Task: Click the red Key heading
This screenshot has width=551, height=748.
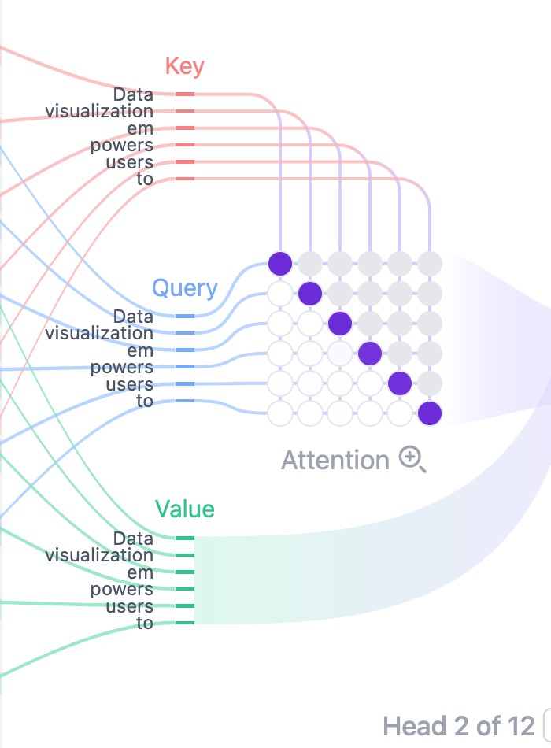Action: [185, 66]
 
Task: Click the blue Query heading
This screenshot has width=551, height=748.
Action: [185, 289]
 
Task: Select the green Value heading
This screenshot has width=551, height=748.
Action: [185, 509]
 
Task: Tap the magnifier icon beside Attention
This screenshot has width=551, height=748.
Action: [412, 459]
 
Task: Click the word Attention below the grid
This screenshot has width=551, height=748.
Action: [335, 461]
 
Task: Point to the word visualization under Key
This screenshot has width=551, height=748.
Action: [99, 111]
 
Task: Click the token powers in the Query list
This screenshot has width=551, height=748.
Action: [122, 368]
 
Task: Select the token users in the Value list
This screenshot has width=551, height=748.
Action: [129, 606]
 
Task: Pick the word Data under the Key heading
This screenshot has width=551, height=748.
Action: [133, 94]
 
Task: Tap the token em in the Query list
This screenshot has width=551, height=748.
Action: [140, 350]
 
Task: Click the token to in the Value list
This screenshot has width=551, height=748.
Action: [145, 623]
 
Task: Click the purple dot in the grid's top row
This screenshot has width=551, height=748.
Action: [280, 264]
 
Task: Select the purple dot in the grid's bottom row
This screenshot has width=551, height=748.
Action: [430, 413]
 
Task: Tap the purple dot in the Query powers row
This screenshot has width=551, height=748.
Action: [370, 354]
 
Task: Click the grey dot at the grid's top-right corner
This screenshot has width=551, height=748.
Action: [430, 264]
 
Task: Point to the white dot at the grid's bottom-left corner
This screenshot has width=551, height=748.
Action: [280, 413]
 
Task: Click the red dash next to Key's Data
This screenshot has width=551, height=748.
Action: [185, 94]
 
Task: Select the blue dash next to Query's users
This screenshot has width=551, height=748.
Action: [185, 384]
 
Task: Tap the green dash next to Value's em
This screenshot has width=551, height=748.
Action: [185, 572]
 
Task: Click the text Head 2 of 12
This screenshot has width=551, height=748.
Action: [459, 727]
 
